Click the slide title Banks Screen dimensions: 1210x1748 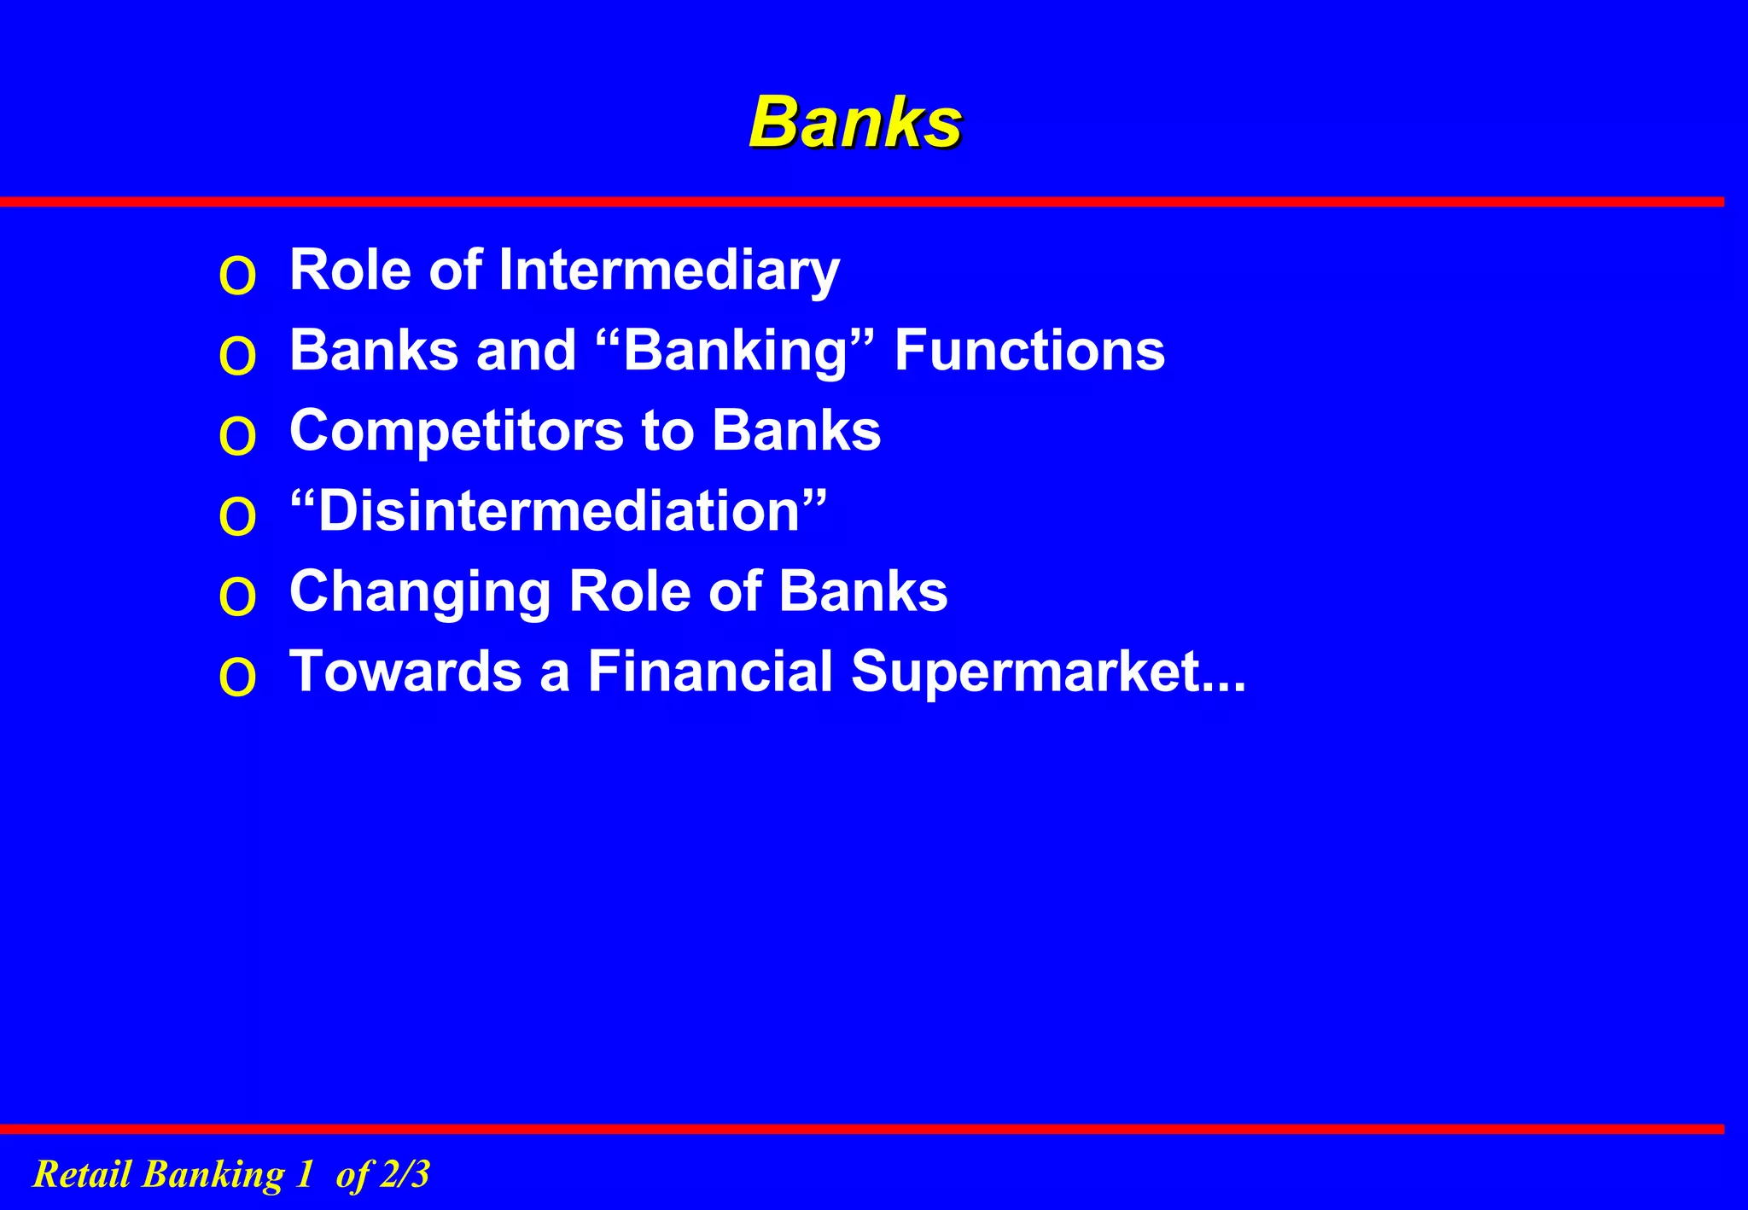856,122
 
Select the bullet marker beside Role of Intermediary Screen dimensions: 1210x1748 237,276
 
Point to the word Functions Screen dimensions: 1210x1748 1028,351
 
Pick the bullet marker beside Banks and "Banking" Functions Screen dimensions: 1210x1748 237,357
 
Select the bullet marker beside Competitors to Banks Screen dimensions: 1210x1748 237,437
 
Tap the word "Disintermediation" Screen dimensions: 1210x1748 558,511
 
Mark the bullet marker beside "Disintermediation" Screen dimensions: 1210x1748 237,517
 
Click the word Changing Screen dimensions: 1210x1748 420,591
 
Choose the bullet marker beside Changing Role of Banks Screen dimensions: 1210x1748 237,597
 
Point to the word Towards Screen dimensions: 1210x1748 405,671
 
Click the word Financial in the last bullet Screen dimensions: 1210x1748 710,671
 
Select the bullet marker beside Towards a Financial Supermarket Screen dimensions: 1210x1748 237,678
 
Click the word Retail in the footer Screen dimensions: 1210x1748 82,1174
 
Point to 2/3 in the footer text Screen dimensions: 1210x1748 405,1174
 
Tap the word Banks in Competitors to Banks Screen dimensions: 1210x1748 795,431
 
